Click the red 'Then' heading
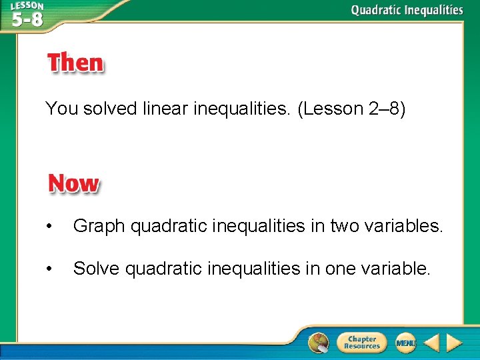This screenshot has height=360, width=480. (75, 63)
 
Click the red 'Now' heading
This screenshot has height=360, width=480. (73, 183)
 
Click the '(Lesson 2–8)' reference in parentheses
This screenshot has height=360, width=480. (351, 109)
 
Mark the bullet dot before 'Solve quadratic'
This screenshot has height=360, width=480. (49, 269)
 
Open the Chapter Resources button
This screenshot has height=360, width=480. (361, 343)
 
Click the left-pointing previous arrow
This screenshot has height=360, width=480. (432, 343)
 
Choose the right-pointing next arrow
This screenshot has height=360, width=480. (454, 343)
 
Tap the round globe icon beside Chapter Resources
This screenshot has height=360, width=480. (319, 342)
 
